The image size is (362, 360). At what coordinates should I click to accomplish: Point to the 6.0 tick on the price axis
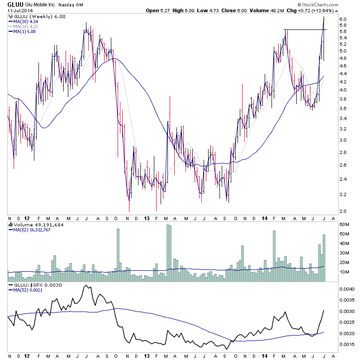click(x=342, y=19)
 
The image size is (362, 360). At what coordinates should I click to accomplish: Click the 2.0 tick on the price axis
click(x=342, y=211)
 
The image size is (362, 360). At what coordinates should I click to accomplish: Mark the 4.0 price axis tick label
click(x=342, y=90)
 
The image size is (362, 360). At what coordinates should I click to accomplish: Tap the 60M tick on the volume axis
click(x=345, y=225)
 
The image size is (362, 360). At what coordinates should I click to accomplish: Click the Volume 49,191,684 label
click(x=34, y=224)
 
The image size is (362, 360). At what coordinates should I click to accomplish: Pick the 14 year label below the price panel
click(x=265, y=218)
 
